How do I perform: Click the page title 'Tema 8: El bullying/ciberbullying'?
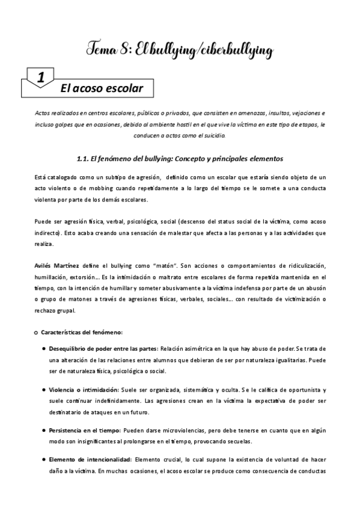click(x=180, y=48)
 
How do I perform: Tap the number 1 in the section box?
click(x=41, y=78)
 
